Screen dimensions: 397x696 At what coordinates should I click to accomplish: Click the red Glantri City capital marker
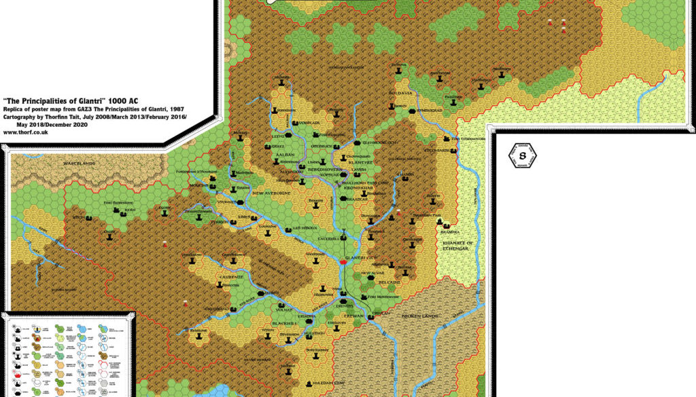tap(344, 262)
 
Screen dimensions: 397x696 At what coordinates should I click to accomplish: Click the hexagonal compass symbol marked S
tap(523, 157)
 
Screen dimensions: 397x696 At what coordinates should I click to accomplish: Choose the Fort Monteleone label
tap(383, 297)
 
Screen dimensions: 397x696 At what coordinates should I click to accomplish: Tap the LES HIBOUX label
tap(305, 228)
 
